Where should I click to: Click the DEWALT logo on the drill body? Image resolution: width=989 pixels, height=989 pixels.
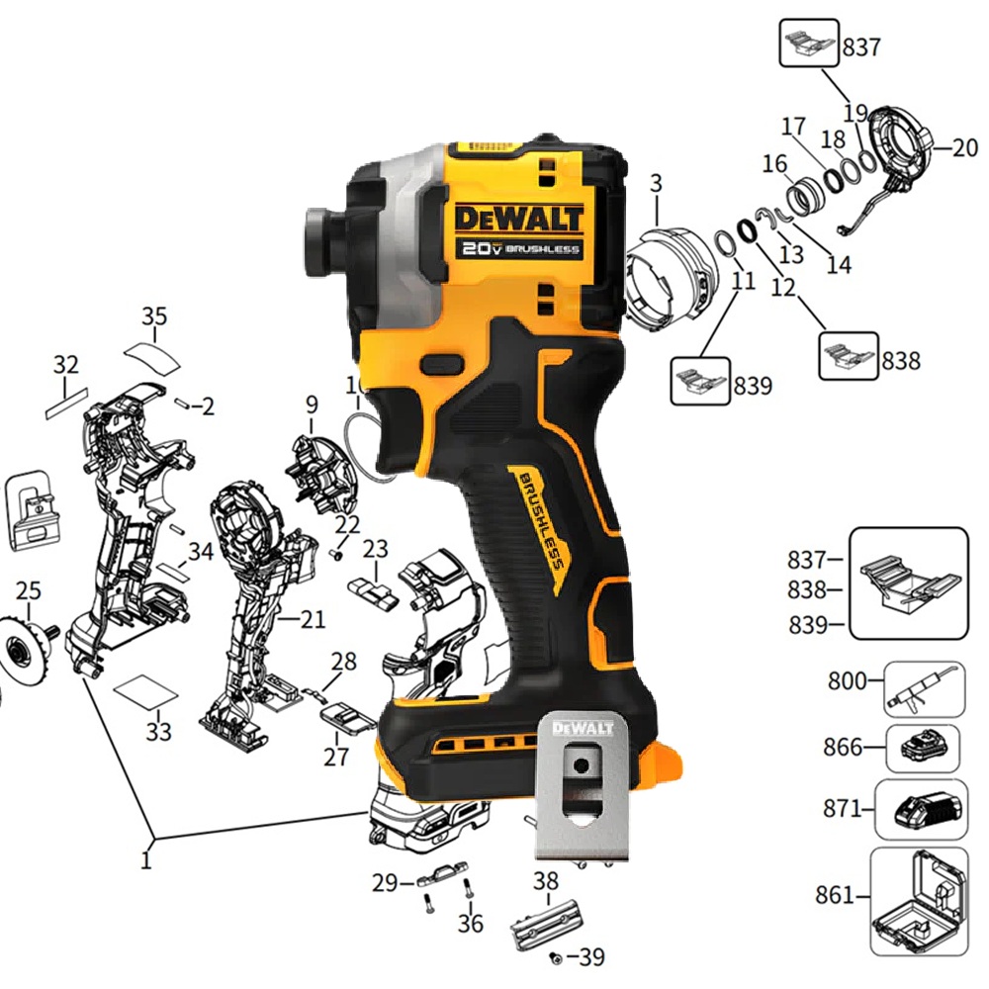(518, 219)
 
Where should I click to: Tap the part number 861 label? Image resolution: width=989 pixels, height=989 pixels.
(835, 894)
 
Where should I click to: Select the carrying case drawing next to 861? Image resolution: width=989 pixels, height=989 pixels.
(919, 902)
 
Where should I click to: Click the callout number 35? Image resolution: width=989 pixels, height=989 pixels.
(154, 316)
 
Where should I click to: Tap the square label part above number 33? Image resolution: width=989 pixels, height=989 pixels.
(146, 691)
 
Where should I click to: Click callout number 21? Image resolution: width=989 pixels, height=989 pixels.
(312, 619)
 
